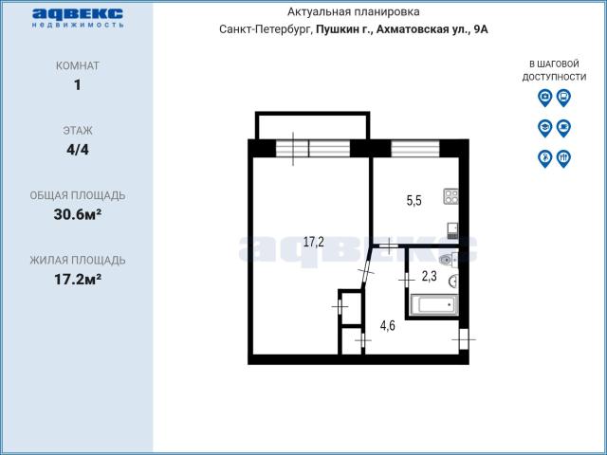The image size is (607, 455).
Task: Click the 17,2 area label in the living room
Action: click(x=314, y=243)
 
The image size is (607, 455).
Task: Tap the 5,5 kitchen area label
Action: click(x=414, y=200)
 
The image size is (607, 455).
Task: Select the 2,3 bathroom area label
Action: click(x=430, y=276)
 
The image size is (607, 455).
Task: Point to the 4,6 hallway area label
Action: click(x=388, y=326)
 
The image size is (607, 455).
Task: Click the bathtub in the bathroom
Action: click(x=434, y=304)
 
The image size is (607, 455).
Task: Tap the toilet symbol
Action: click(x=449, y=259)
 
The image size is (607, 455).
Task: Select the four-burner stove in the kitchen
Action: click(x=451, y=196)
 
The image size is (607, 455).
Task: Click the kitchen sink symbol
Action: click(x=453, y=230)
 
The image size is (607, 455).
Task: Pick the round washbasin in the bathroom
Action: click(x=453, y=282)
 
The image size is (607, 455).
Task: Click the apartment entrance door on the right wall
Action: click(x=464, y=339)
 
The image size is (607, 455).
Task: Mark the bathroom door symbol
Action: click(x=407, y=279)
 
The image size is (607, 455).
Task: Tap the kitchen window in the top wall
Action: click(x=415, y=149)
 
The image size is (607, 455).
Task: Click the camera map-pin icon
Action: click(x=544, y=98)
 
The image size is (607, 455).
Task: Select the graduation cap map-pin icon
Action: click(x=544, y=128)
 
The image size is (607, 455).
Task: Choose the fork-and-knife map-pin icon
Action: click(x=563, y=158)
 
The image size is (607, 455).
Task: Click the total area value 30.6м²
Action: click(x=78, y=214)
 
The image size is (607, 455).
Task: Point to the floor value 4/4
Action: click(x=78, y=150)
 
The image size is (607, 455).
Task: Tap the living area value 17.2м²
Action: click(x=78, y=279)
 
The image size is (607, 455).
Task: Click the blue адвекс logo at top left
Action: click(x=78, y=18)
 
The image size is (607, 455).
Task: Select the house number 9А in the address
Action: click(x=480, y=29)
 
